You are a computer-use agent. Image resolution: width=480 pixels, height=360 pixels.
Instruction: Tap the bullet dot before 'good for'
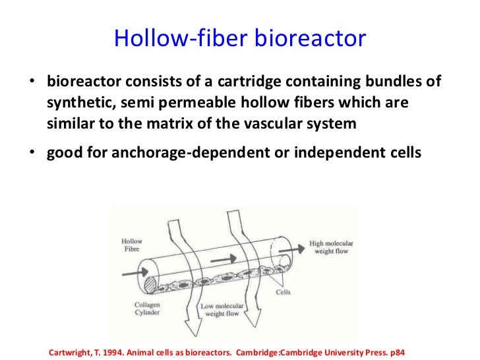[32, 153]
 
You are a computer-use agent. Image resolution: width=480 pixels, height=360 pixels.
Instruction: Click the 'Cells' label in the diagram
[284, 291]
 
